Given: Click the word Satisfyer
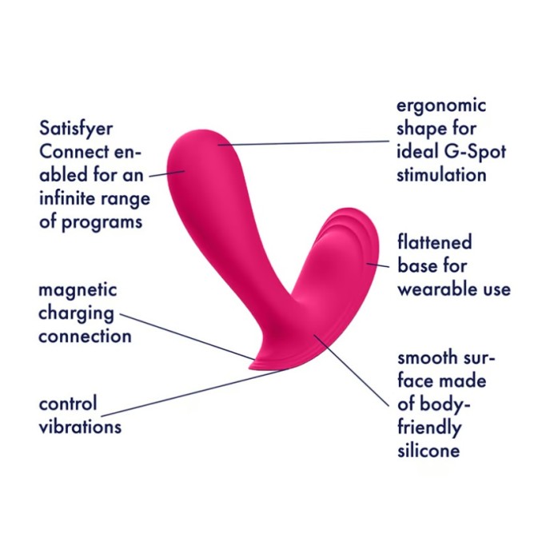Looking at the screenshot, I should point(76,129).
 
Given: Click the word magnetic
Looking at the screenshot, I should point(78,289).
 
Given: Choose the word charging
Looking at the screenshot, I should point(76,313).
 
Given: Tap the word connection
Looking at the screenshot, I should point(85,336).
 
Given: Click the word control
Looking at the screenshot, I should point(67,403).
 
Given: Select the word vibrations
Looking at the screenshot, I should point(80,426).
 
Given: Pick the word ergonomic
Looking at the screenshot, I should point(442,106).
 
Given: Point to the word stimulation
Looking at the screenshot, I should point(441,174).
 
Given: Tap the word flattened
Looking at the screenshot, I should point(434,241).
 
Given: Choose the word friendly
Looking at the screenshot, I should point(429,428).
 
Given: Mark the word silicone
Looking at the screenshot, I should point(428,451).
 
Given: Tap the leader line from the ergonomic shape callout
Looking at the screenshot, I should point(304,143).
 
